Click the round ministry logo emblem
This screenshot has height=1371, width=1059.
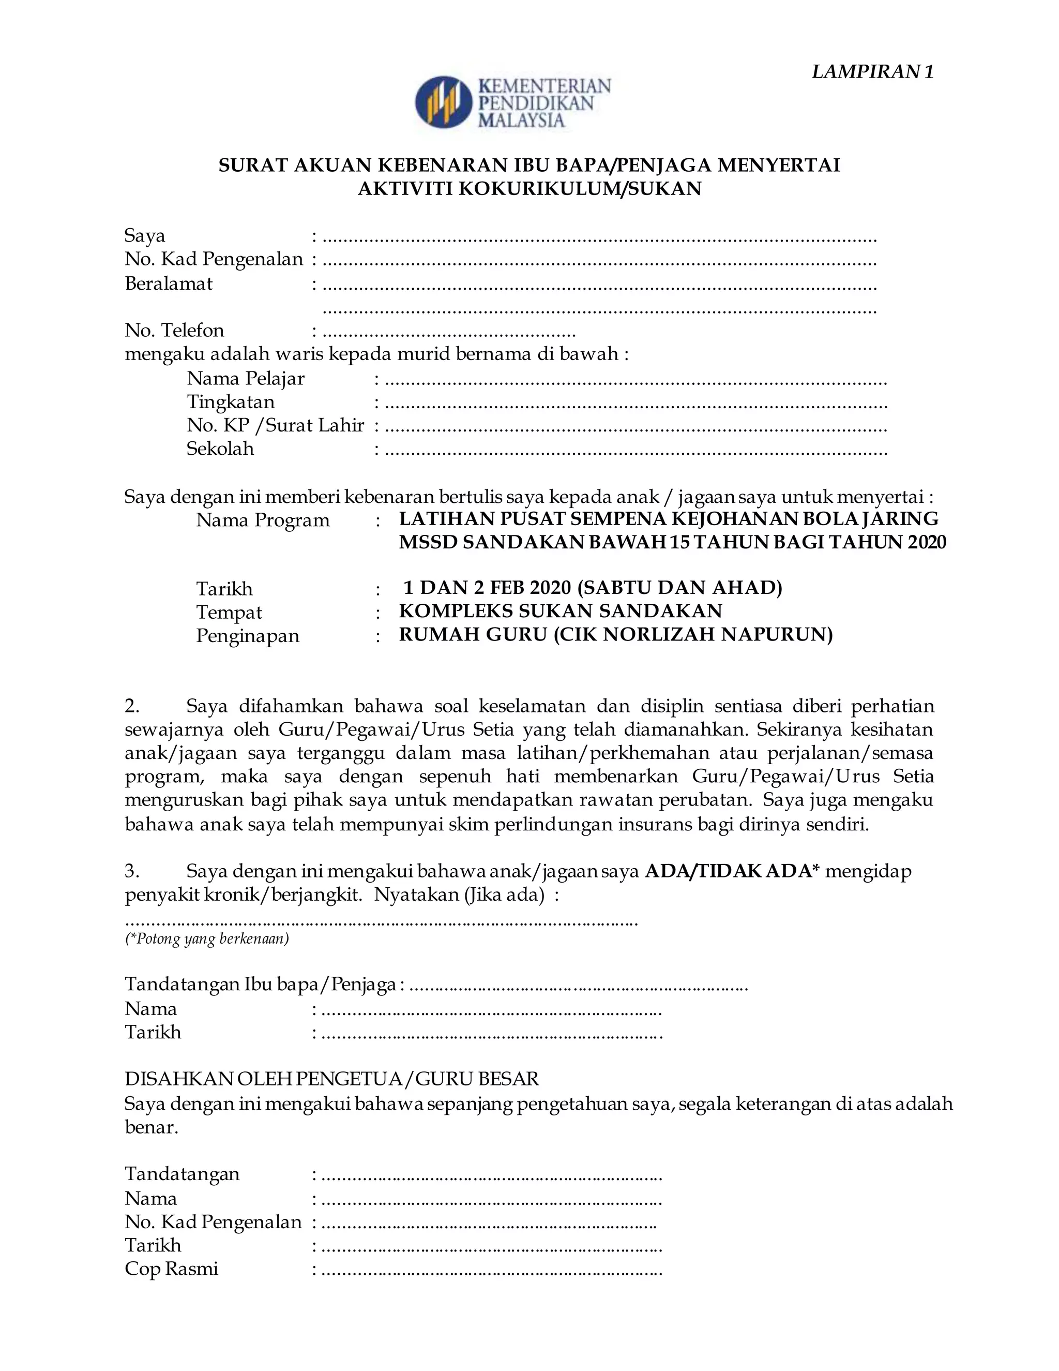tap(443, 102)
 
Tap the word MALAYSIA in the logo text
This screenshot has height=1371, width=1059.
tap(521, 121)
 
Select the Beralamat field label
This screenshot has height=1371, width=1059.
tap(168, 284)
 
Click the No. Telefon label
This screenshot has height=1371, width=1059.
tap(174, 330)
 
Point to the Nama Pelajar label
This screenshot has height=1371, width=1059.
tap(245, 379)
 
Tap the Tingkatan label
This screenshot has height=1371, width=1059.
tap(230, 402)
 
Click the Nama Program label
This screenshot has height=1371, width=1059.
tap(262, 520)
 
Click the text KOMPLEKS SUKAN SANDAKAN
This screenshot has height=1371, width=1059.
tap(560, 611)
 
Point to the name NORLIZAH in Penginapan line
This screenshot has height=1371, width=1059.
tap(659, 634)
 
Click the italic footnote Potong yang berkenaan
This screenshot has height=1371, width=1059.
tap(207, 939)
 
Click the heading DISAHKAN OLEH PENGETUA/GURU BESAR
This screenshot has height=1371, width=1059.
tap(331, 1079)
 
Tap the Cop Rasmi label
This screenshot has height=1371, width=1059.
tap(171, 1269)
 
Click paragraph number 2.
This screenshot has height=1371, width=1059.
tap(132, 706)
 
